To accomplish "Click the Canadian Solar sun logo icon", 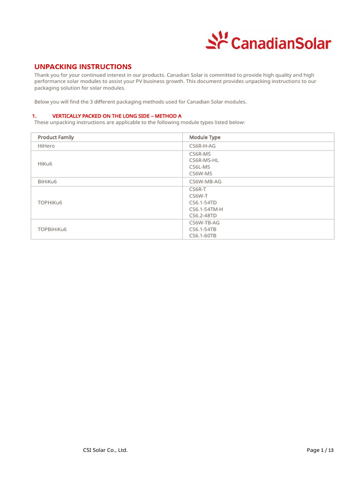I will pos(217,40).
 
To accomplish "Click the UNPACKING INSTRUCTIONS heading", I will pos(83,67).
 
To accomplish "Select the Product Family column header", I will pos(56,137).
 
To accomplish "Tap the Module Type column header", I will pos(204,137).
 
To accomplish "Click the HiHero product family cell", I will pos(46,146).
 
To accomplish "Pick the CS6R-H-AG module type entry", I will pos(202,146).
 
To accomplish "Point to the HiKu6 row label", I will pos(45,164).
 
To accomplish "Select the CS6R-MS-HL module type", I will pos(203,160).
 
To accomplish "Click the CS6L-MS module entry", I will pos(199,167).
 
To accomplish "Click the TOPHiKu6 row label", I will pos(50,202).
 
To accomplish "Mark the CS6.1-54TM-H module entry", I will pos(206,209).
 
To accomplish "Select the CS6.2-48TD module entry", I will pos(202,216).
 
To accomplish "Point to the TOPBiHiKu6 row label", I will pos(52,229).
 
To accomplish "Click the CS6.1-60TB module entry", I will pos(202,236).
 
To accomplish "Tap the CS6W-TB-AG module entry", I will pos(204,223).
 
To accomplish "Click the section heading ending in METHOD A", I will pos(116,116).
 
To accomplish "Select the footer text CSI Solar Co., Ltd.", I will pos(104,450).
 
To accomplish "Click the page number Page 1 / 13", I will pos(320,450).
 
